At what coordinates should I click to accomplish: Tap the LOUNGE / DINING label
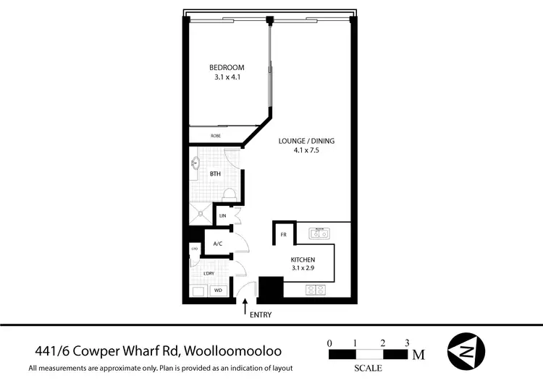click(306, 141)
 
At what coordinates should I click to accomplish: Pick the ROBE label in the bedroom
click(215, 136)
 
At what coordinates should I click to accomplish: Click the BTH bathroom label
click(215, 174)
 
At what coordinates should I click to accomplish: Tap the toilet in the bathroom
click(228, 194)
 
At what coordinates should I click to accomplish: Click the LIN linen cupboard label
click(222, 216)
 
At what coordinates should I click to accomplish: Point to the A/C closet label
click(217, 244)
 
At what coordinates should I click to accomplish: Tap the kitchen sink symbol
click(319, 233)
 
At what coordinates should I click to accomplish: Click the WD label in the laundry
click(218, 291)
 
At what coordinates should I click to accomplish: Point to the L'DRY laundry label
click(209, 273)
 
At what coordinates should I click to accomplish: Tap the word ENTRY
click(261, 316)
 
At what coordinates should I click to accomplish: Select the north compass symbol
click(467, 352)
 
